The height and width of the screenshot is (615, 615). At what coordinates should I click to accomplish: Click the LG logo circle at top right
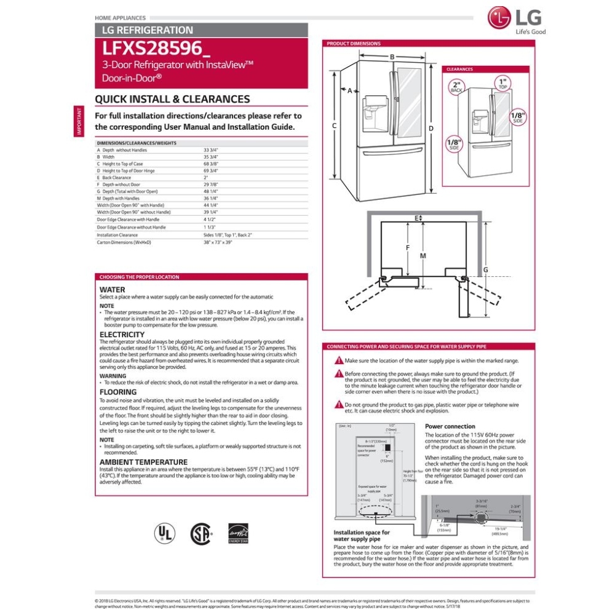(x=499, y=18)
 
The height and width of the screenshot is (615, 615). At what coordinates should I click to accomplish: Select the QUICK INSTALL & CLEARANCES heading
(x=172, y=99)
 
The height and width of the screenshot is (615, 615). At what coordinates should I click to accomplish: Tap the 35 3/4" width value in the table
(x=211, y=157)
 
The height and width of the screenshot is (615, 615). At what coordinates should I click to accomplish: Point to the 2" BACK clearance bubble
(x=456, y=87)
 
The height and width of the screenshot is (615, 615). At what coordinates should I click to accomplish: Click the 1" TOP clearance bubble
(x=502, y=84)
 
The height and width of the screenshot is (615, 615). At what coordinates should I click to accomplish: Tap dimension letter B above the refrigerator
(x=392, y=57)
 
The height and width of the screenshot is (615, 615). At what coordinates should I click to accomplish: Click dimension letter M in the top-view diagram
(x=423, y=255)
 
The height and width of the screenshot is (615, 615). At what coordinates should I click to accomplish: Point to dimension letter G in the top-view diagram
(x=485, y=270)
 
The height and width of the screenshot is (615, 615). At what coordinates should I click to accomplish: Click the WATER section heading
(x=112, y=290)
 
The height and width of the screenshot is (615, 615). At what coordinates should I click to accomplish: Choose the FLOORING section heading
(x=118, y=392)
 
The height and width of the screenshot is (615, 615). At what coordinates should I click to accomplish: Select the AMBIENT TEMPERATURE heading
(x=143, y=462)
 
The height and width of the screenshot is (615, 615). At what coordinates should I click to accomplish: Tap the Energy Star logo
(x=237, y=532)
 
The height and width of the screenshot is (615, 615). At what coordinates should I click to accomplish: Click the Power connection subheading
(x=450, y=426)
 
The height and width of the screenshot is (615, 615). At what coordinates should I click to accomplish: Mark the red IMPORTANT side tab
(x=79, y=121)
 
